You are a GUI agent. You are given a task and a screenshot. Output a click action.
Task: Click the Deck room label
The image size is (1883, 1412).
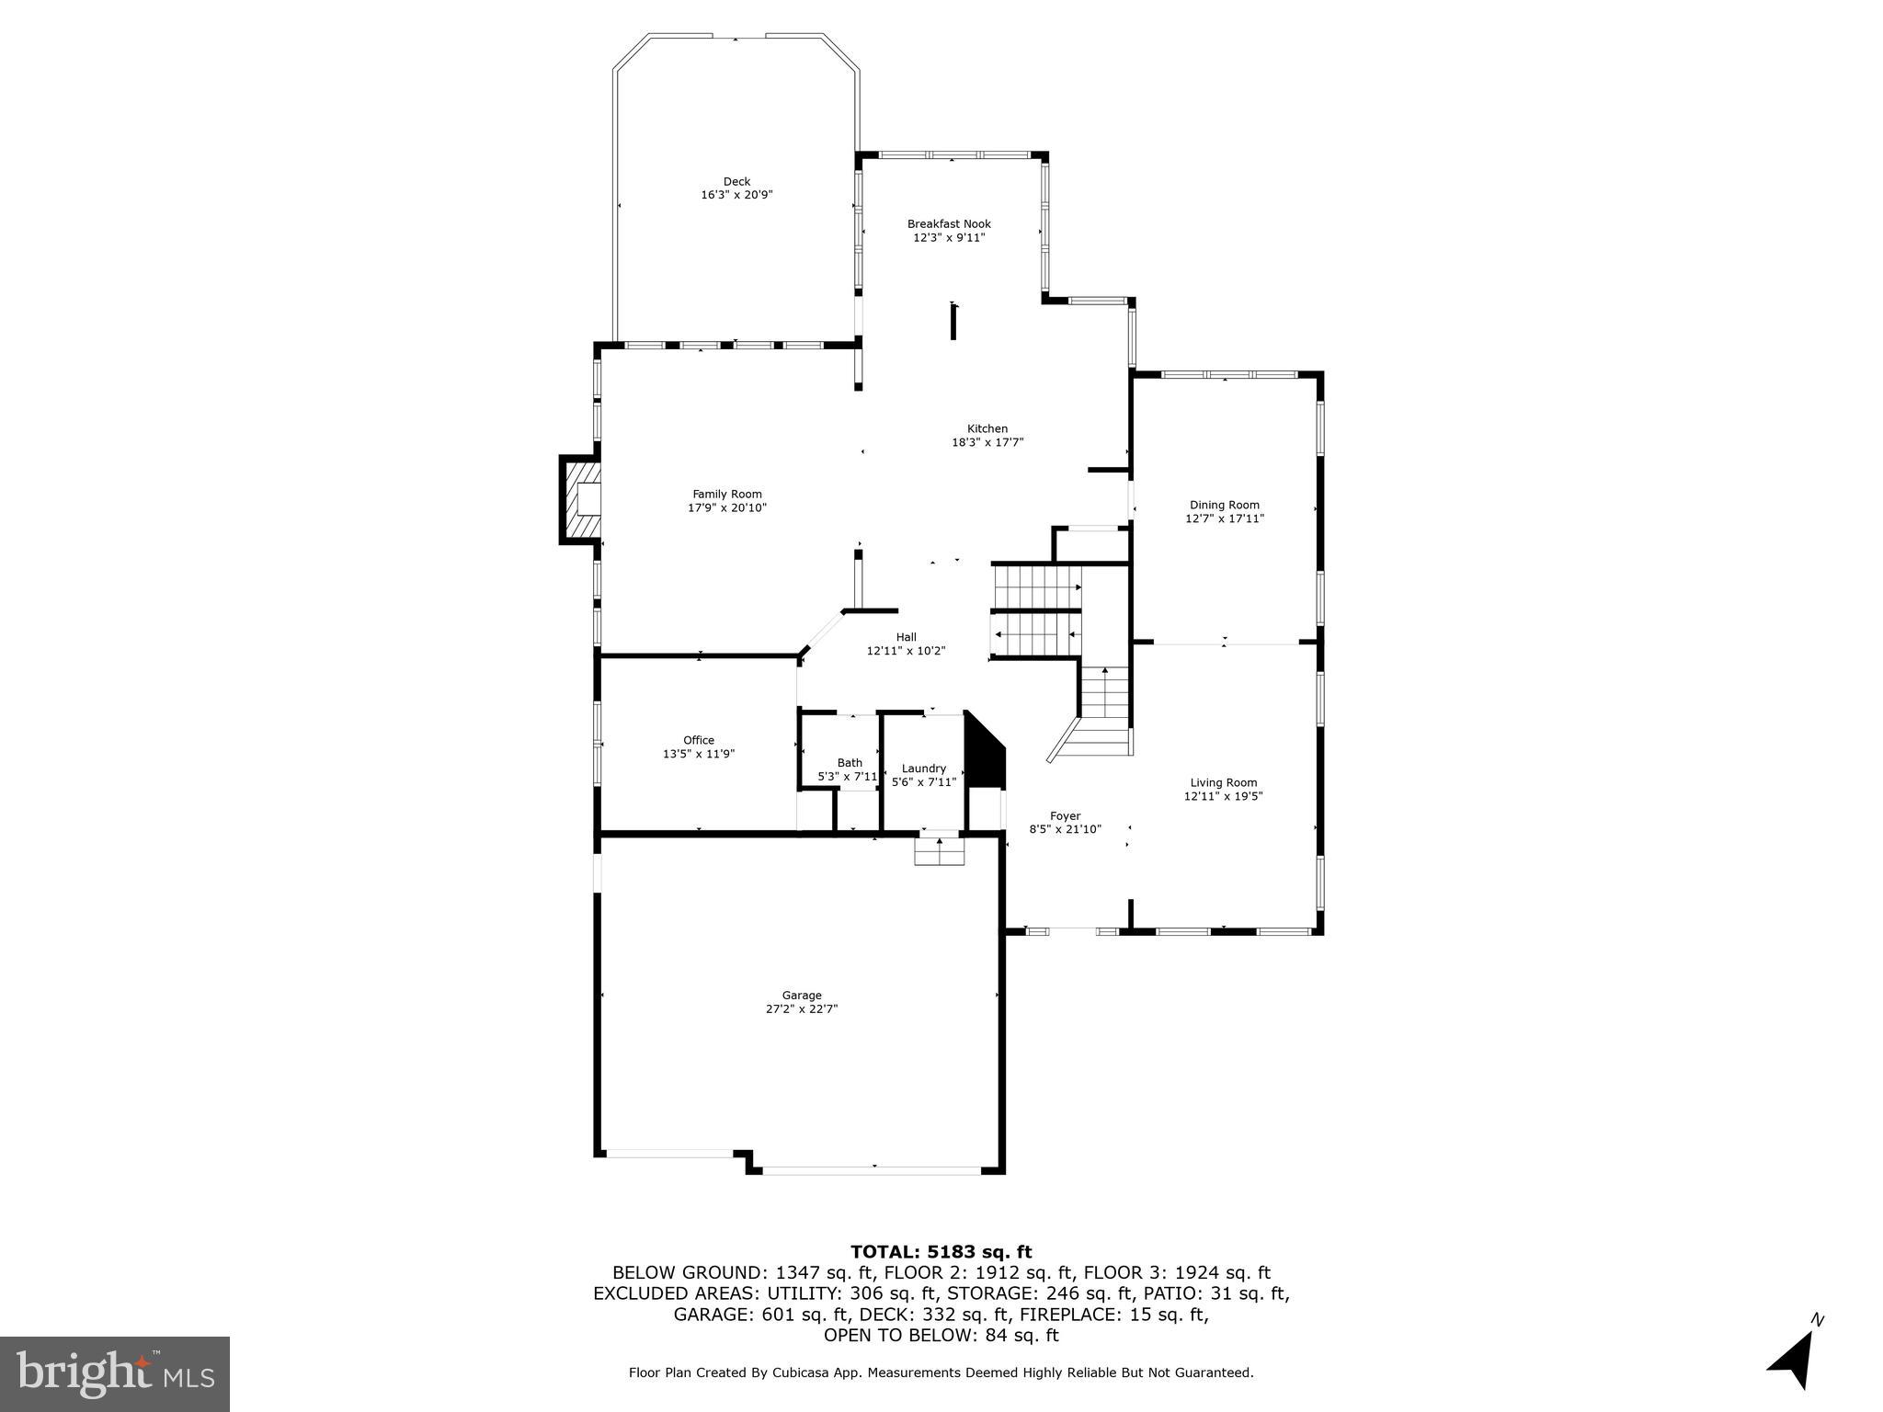736,182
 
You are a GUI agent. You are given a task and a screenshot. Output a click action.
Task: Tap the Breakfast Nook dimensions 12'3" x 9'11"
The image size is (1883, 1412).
949,238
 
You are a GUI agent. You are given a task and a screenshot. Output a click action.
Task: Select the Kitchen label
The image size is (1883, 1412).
987,428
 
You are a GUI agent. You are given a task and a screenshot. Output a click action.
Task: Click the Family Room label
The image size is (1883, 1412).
726,495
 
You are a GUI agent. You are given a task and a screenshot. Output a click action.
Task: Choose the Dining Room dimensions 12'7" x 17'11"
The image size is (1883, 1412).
1224,518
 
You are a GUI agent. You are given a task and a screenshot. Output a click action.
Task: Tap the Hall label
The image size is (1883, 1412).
906,637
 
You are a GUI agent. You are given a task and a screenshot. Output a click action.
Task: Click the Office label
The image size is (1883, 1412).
698,740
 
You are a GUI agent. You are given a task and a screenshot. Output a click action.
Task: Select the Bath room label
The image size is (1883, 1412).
850,763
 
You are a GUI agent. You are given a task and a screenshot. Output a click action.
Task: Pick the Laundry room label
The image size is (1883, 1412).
923,769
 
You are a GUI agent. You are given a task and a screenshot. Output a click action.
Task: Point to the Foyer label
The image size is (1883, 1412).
1065,815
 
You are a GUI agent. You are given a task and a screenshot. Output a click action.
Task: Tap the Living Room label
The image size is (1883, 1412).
1223,783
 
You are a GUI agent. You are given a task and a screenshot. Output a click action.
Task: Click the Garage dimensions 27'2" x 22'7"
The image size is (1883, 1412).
801,1008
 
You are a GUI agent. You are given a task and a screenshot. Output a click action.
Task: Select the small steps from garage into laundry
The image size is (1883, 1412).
939,852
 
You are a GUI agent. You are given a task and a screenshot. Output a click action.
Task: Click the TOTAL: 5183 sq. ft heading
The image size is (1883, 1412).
941,1252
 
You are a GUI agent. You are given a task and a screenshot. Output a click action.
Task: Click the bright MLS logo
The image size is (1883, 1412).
115,1374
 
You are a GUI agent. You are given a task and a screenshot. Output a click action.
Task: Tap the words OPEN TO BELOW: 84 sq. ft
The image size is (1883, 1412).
941,1335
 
